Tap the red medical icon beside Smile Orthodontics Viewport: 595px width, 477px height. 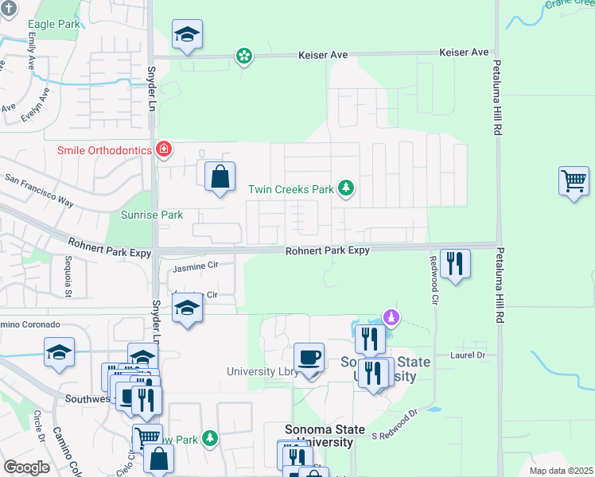click(x=164, y=149)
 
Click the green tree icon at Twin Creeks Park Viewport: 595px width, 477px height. click(x=346, y=188)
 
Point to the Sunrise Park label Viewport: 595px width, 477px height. click(x=152, y=215)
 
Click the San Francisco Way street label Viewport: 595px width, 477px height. click(x=40, y=191)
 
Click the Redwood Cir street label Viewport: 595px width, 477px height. click(x=434, y=281)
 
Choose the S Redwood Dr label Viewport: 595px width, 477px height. click(x=395, y=425)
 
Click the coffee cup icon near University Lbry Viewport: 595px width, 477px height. click(x=309, y=357)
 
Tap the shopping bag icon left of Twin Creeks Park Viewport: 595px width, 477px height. click(x=220, y=176)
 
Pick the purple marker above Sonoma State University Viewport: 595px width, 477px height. click(x=391, y=317)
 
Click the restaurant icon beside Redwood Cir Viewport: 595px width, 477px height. click(x=455, y=263)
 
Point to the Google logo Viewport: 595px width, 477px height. click(x=26, y=467)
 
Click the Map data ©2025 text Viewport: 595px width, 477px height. click(x=560, y=471)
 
